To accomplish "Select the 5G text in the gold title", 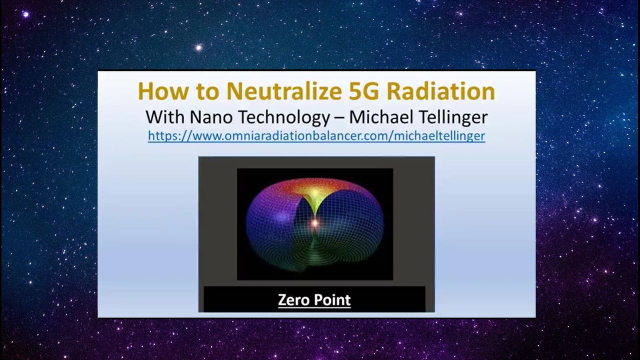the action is click(x=364, y=91).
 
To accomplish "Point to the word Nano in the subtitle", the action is click(x=211, y=117).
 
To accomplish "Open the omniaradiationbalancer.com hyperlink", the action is click(x=316, y=136).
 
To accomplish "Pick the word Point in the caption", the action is click(x=332, y=300).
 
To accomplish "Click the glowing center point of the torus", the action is click(x=315, y=223).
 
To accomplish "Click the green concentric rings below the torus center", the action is click(x=314, y=251).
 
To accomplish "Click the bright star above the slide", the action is click(x=199, y=47).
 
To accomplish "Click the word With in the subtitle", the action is click(x=165, y=117).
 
